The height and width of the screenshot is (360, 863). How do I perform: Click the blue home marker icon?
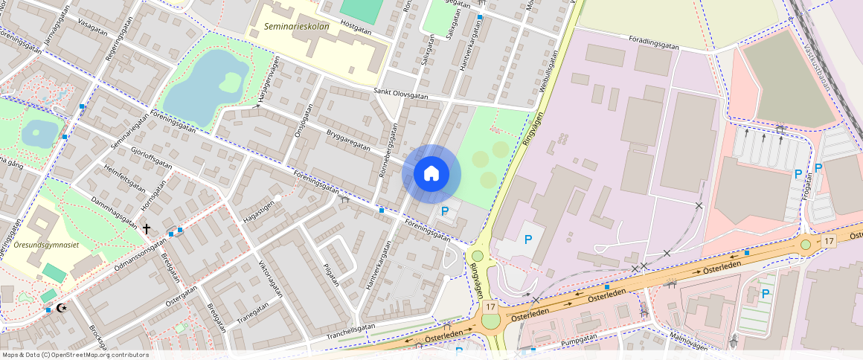point(431,174)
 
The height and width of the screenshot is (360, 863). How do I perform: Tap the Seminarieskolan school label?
point(297,28)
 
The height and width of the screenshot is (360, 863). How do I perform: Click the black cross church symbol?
point(147,229)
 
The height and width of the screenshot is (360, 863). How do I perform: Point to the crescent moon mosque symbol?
point(62,307)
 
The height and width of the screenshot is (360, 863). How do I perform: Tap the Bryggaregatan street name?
point(348,140)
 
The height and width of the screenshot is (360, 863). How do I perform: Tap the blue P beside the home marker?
point(445,211)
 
